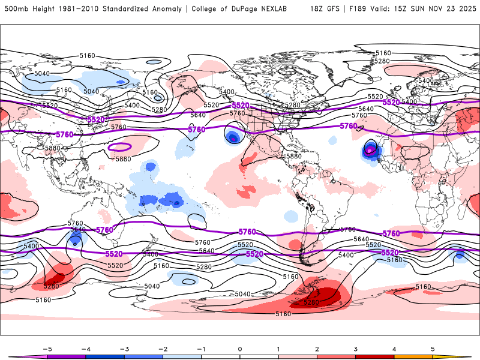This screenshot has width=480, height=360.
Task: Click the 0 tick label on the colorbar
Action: [240, 348]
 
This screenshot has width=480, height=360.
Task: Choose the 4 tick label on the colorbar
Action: [394, 348]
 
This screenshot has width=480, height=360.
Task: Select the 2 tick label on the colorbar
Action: [317, 348]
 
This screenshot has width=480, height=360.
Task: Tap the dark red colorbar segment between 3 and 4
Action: [374, 356]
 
